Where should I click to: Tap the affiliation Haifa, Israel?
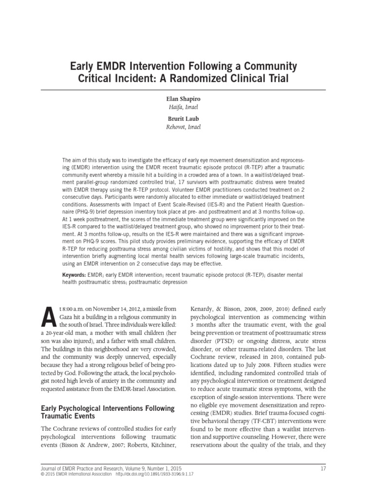point(187,107)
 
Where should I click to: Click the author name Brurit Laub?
point(187,118)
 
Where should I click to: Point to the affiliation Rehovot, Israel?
point(187,127)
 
